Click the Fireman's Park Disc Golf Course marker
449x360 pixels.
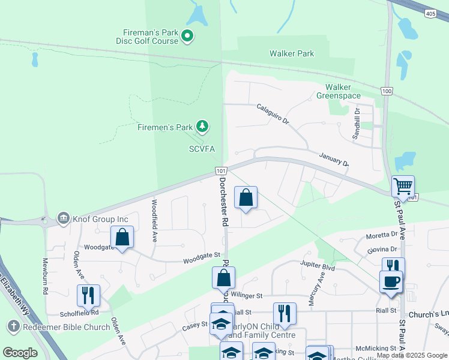(x=187, y=37)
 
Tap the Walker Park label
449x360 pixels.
(x=292, y=53)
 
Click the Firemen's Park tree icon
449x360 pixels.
(x=203, y=126)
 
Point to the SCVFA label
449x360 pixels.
(x=202, y=149)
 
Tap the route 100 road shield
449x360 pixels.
(x=387, y=91)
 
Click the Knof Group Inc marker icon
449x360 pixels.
(x=63, y=217)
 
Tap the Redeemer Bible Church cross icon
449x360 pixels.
(x=13, y=327)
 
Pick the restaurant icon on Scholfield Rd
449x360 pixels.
(x=88, y=295)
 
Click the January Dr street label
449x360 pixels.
(x=334, y=158)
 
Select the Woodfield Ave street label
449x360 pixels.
(x=154, y=220)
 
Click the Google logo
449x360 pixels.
(x=20, y=353)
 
